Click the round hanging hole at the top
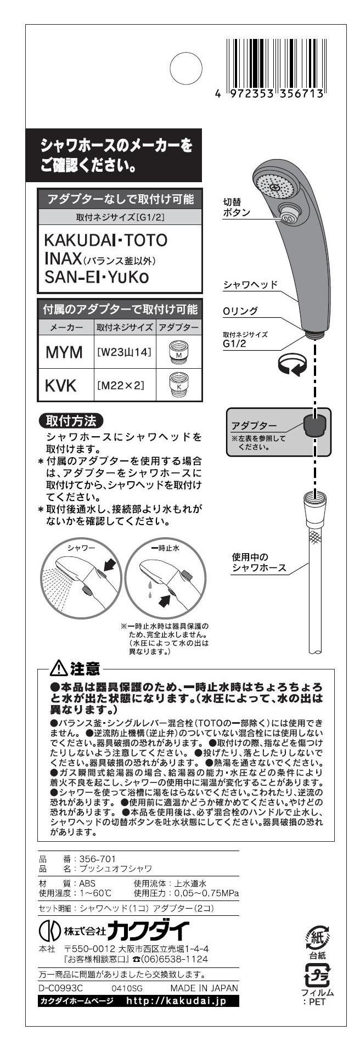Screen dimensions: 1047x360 click(187, 69)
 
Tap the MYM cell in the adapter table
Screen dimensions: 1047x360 click(63, 352)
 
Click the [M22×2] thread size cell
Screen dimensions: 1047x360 click(121, 385)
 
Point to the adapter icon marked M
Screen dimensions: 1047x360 click(178, 352)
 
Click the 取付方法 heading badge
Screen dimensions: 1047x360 click(71, 421)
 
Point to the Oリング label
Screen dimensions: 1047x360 click(240, 311)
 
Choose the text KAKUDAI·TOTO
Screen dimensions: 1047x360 click(105, 240)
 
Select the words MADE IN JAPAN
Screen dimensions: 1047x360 click(204, 988)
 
